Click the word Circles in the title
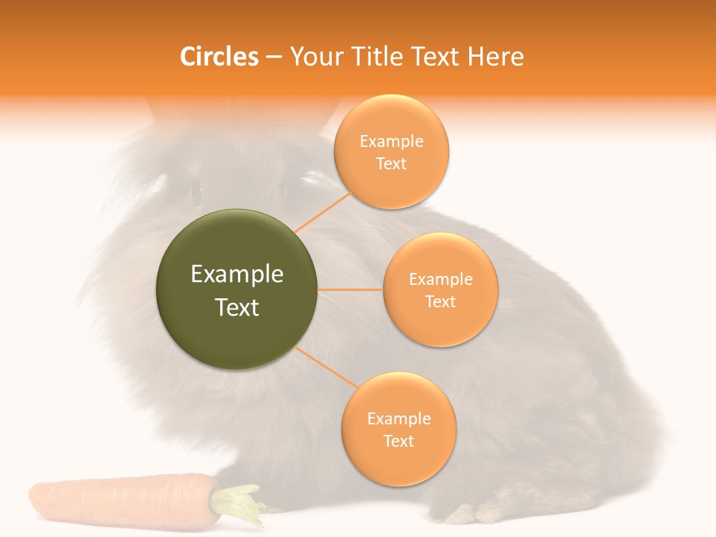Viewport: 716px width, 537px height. [x=219, y=57]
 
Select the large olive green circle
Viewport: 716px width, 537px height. [x=237, y=289]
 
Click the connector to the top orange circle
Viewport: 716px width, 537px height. [x=322, y=212]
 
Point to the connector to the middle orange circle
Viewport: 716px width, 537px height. [x=350, y=289]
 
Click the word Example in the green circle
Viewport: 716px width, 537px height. [x=237, y=274]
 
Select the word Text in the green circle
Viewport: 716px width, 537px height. [x=237, y=307]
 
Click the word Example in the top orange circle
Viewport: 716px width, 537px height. [x=392, y=142]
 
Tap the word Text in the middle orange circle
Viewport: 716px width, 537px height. [x=440, y=302]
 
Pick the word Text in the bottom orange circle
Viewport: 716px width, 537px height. [x=398, y=442]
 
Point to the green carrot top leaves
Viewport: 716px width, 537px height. [x=239, y=503]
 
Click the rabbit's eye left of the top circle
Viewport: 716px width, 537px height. [x=195, y=193]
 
